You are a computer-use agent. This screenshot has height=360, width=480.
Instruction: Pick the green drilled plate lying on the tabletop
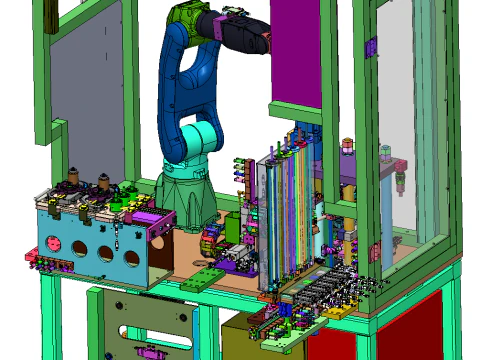(x=205, y=278)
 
